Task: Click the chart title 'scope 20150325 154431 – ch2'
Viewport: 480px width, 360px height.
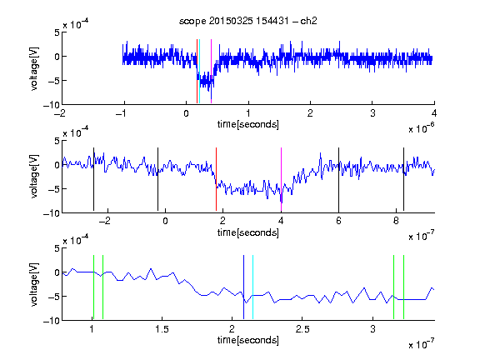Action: click(x=248, y=21)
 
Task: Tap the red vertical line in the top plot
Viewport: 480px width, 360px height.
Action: click(x=197, y=72)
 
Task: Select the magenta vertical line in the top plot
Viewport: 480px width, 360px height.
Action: click(x=211, y=72)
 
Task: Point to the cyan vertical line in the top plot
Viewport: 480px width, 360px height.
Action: click(x=200, y=72)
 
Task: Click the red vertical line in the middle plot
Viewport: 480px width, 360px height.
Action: click(x=216, y=179)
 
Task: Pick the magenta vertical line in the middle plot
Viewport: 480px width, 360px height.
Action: click(x=281, y=179)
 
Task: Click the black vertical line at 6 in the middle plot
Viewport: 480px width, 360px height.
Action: click(x=338, y=179)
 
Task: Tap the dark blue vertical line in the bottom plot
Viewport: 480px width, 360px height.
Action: click(x=243, y=287)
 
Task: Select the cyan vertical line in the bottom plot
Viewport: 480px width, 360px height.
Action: click(x=252, y=287)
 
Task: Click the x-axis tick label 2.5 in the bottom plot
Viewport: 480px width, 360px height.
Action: click(x=302, y=329)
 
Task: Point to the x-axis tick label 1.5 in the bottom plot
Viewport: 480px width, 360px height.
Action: click(x=162, y=329)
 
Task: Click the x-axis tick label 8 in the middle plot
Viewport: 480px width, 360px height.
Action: click(x=396, y=221)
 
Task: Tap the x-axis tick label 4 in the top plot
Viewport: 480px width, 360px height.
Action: click(x=434, y=113)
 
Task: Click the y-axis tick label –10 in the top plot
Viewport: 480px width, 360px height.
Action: click(x=52, y=105)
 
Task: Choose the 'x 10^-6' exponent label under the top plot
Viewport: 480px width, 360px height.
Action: click(x=422, y=128)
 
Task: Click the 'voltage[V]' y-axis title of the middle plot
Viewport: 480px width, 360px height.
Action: click(x=35, y=177)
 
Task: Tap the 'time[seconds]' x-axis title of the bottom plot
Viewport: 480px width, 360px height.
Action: click(x=248, y=340)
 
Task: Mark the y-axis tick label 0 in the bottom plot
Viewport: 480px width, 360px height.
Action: click(x=57, y=272)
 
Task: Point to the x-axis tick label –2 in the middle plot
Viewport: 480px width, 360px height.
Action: click(x=105, y=221)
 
